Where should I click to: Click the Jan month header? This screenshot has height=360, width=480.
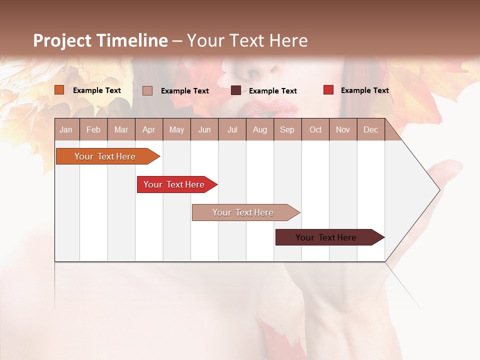coord(66,129)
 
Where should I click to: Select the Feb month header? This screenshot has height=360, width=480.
coord(93,129)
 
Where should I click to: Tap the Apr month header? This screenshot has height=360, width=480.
coord(148,129)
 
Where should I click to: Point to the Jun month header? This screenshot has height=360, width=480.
coord(204,129)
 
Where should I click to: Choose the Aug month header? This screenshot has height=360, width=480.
coord(259,129)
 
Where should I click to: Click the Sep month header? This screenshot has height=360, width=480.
coord(287,129)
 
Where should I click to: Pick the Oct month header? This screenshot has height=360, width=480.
coord(315,129)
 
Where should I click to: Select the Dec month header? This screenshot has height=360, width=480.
coord(370,129)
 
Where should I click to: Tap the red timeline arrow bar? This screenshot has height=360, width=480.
coord(175,184)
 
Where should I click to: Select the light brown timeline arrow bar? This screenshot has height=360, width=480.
coord(244,212)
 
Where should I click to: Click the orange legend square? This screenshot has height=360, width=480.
coord(59,90)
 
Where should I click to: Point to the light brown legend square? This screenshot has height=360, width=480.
coord(147,90)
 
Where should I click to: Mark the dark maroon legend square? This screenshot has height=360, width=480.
coord(236,90)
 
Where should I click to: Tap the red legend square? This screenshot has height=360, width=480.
coord(328,90)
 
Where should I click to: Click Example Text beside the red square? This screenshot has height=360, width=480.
coord(364,90)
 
